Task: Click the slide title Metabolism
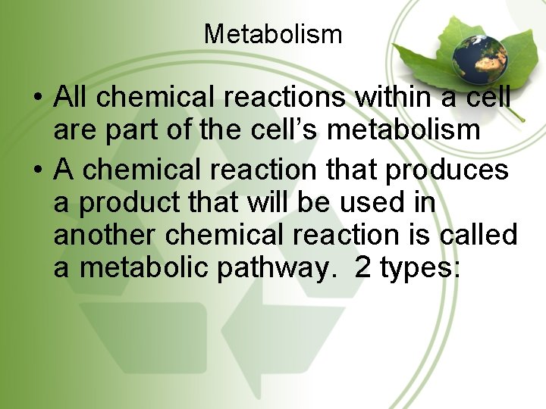(x=273, y=34)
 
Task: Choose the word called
(x=478, y=236)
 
